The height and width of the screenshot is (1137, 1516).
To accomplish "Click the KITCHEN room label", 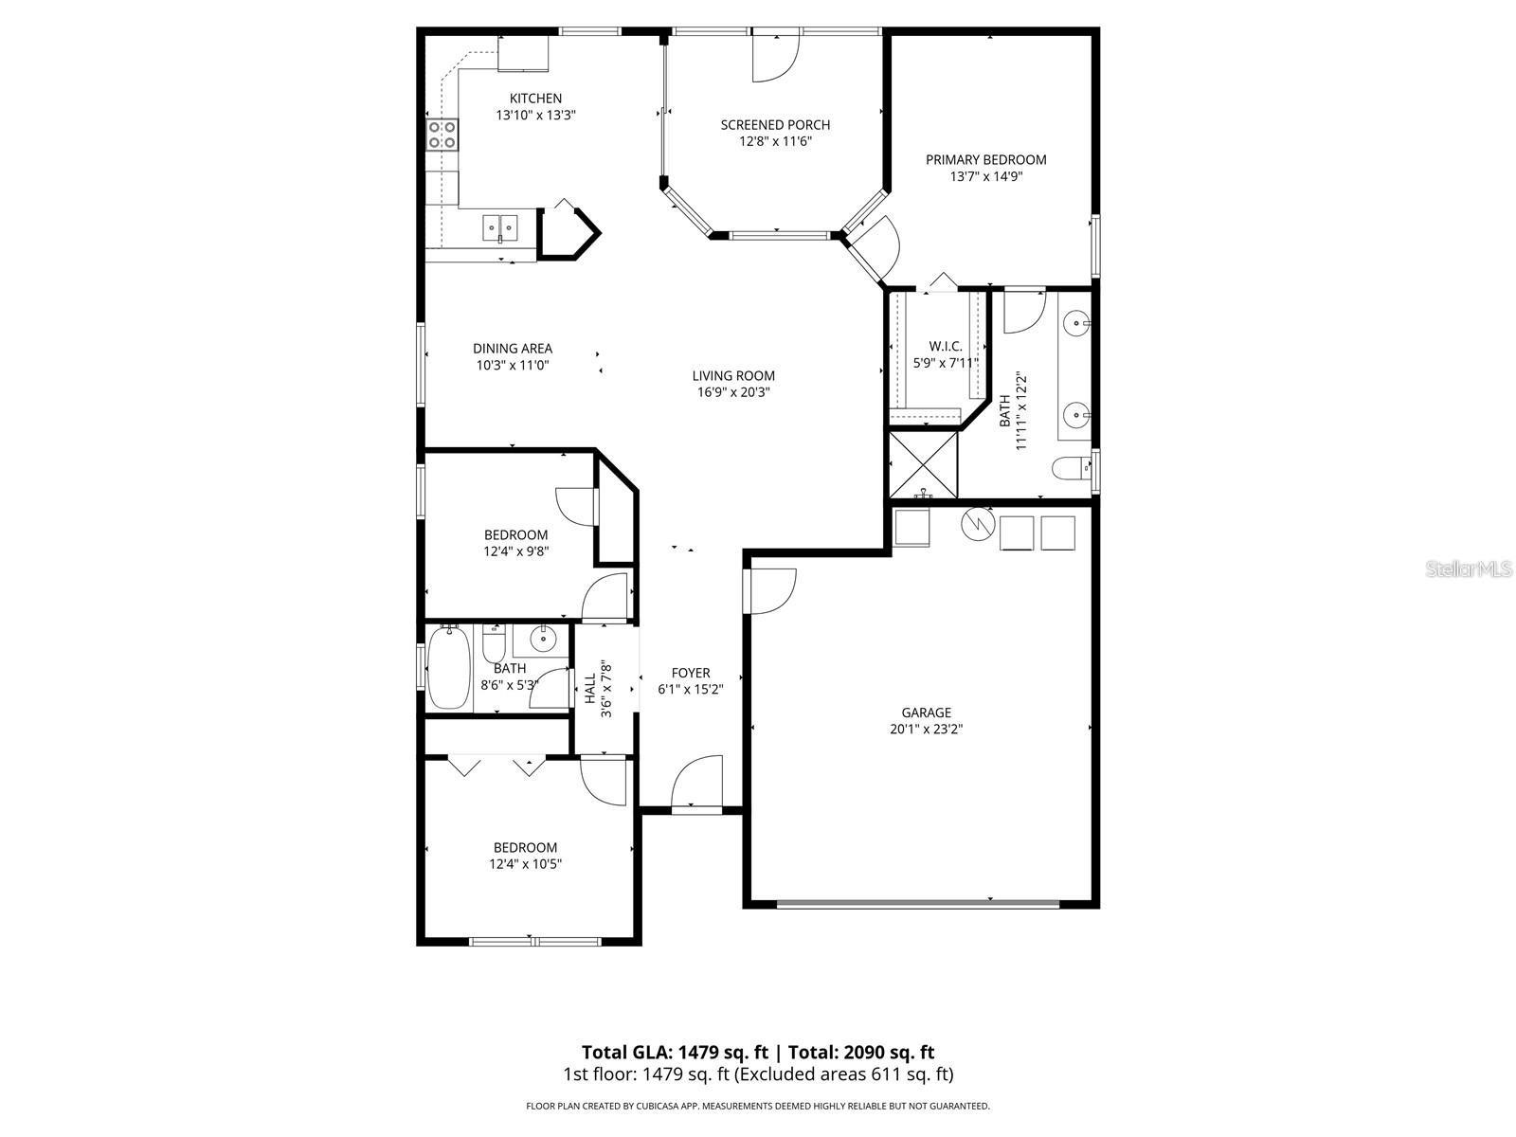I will (535, 99).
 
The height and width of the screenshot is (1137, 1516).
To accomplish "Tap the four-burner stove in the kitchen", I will (442, 135).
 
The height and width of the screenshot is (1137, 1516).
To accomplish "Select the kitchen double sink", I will (499, 226).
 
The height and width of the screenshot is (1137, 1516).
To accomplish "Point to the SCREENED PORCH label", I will (775, 125).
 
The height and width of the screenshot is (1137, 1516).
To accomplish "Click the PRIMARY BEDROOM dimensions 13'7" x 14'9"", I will (985, 176).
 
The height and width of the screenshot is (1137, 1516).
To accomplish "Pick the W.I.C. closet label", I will (945, 347).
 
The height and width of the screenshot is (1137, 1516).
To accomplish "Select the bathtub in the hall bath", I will (449, 669).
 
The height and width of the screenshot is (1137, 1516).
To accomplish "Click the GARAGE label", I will (926, 713).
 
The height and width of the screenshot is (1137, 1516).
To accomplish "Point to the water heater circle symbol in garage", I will (975, 523).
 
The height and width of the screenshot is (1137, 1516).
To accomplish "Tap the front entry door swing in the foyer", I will (698, 782).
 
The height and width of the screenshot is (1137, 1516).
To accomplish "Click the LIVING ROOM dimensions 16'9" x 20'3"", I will (733, 392).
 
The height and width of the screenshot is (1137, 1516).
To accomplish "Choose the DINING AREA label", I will (513, 349).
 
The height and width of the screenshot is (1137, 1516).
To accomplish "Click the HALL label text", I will (590, 689).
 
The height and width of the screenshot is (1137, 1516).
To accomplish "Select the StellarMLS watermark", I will (1470, 569).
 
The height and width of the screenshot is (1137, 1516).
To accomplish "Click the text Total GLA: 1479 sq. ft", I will (675, 1052).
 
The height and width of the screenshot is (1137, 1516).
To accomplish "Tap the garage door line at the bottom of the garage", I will (917, 904).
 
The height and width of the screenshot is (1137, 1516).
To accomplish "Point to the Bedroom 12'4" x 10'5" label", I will (525, 856).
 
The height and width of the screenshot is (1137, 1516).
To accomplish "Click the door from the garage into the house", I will (769, 590).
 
